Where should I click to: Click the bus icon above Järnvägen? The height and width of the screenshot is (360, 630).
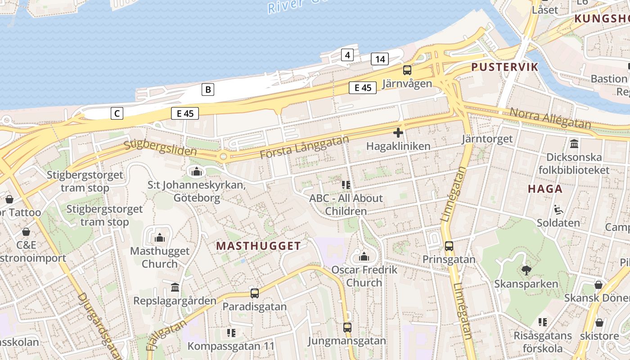407,70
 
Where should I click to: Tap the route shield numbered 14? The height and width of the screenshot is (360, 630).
380,59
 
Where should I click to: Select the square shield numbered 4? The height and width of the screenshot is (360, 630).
347,55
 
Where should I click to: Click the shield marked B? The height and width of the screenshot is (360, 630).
207,90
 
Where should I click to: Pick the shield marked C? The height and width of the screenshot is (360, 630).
117,113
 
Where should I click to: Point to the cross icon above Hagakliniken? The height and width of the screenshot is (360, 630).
398,133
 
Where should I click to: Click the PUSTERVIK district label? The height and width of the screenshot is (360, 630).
504,67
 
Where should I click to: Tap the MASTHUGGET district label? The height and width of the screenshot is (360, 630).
258,246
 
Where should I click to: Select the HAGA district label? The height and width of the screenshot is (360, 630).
545,189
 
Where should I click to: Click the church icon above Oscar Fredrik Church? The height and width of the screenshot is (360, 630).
364,257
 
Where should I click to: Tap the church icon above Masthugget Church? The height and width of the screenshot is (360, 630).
160,238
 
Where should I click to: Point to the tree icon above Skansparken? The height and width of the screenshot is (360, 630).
526,270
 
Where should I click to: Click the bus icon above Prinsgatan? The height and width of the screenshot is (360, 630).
449,246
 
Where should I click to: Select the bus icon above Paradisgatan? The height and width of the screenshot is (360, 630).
255,293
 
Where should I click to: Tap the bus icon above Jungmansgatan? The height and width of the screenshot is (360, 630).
347,328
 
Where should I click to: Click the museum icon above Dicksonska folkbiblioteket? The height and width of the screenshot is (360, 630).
574,144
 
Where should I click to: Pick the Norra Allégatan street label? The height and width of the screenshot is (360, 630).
549,118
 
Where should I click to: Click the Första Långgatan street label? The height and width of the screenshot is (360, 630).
304,147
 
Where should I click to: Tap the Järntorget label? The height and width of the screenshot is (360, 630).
487,139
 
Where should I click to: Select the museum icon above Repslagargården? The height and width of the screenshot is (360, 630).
175,287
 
